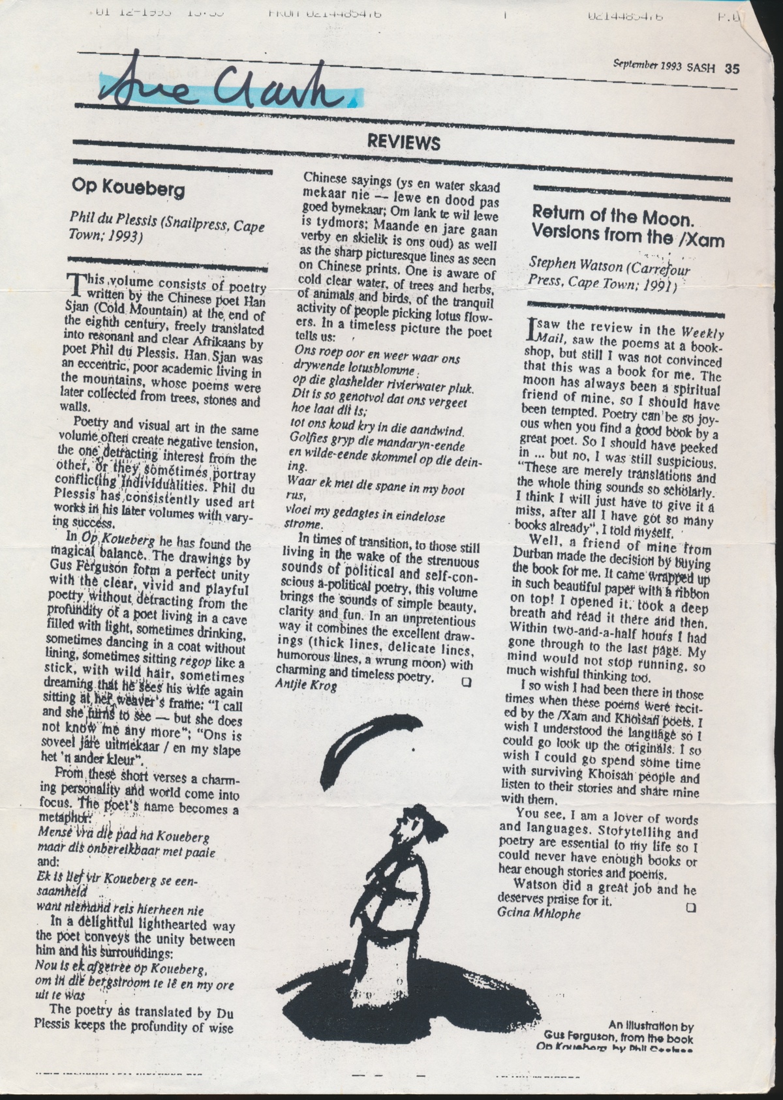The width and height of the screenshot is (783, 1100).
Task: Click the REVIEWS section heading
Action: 403,143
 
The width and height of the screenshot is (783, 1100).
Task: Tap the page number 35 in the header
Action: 731,68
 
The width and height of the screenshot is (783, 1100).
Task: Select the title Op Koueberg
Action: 129,188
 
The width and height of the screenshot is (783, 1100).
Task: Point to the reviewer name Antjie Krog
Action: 307,685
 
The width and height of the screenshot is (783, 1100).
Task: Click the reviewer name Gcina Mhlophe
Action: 539,913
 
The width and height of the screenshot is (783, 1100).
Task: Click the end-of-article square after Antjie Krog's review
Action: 466,682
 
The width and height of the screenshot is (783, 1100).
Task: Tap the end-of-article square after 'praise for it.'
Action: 691,907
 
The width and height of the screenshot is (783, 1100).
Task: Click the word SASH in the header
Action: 701,67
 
